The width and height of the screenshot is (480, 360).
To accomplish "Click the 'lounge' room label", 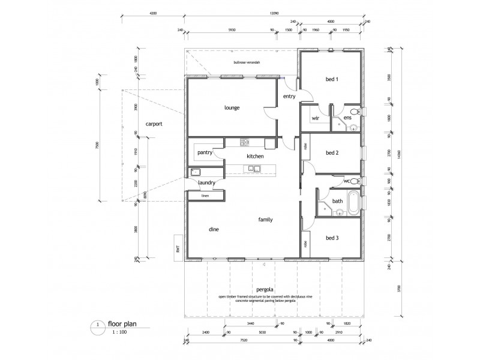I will pyautogui.click(x=232, y=108).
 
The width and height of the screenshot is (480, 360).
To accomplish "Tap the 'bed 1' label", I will pyautogui.click(x=332, y=79).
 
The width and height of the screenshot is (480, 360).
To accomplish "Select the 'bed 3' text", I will pyautogui.click(x=332, y=238).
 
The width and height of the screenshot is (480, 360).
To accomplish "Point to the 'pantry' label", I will pyautogui.click(x=205, y=153).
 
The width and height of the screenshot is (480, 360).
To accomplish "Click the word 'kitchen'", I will pyautogui.click(x=255, y=156).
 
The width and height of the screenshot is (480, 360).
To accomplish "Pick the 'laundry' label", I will pyautogui.click(x=206, y=182).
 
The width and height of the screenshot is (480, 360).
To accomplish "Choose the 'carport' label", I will pyautogui.click(x=154, y=124).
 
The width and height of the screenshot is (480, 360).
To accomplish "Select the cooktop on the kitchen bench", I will pyautogui.click(x=245, y=143).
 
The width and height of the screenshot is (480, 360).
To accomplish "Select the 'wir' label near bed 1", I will pyautogui.click(x=315, y=118).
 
